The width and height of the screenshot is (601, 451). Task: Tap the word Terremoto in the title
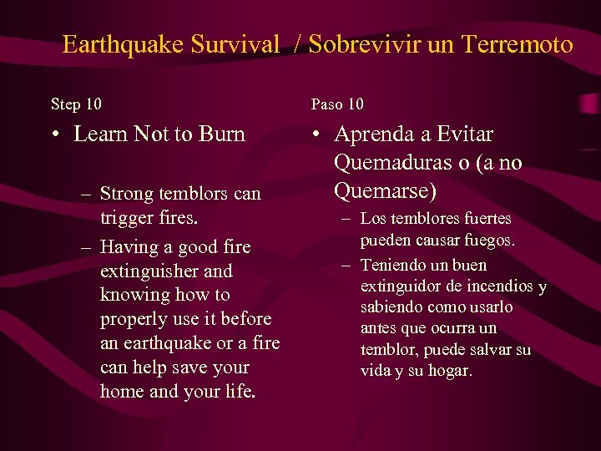519,44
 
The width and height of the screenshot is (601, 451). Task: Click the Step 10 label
76,104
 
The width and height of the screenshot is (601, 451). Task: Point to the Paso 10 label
337,104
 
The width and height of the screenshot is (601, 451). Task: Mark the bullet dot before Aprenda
315,134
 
